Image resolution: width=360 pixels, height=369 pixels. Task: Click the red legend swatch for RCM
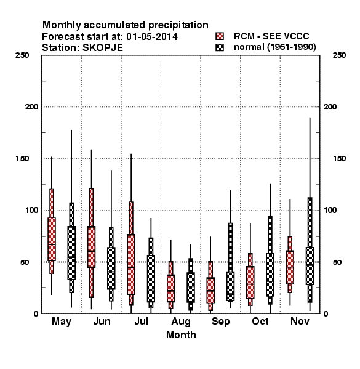point(220,36)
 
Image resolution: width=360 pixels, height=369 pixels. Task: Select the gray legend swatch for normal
point(220,47)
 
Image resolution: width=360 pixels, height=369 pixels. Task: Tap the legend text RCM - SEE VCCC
point(271,36)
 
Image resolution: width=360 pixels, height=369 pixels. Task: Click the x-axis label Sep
point(220,322)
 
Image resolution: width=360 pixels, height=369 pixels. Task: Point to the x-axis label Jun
point(102,322)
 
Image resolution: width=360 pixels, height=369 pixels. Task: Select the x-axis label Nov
point(300,322)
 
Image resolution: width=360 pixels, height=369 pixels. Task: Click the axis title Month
point(181,335)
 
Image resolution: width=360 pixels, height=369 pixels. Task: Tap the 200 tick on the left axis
point(31,107)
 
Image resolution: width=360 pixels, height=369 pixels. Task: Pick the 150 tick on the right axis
point(339,159)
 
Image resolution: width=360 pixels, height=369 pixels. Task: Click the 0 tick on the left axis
point(36,314)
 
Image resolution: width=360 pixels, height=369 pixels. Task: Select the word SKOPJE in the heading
point(102,48)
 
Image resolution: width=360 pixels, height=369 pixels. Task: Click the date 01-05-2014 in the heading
point(152,37)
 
